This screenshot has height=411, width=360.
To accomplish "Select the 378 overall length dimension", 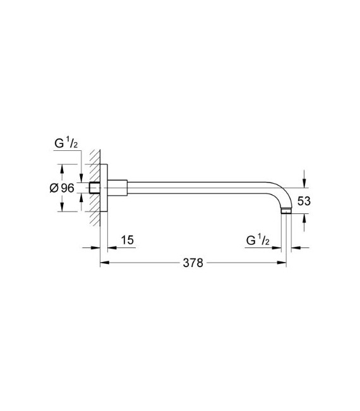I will pos(193,263).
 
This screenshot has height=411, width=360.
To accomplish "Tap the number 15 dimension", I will pos(127,240).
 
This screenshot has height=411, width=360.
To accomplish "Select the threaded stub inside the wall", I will pos(95,188).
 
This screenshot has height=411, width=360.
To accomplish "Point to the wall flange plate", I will pos(105,188).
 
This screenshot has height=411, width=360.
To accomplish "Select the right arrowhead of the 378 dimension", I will pos(283,263).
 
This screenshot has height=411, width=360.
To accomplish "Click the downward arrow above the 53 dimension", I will pos(304,183).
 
